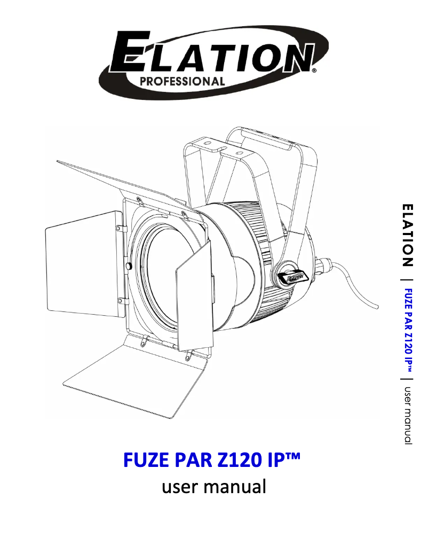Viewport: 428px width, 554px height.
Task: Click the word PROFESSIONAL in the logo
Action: (x=181, y=81)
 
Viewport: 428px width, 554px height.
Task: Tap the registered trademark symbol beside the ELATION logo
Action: (x=314, y=70)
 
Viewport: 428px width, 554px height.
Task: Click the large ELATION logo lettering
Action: (x=213, y=56)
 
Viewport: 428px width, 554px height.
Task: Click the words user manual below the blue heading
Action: (x=213, y=487)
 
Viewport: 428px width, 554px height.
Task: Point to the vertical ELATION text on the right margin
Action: (x=408, y=235)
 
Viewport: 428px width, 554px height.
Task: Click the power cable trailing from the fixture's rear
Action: (x=358, y=288)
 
